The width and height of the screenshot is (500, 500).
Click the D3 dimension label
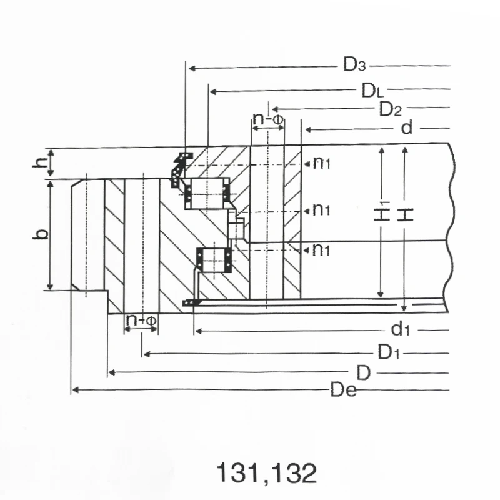point(354,65)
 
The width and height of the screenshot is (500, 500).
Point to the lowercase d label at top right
point(407,129)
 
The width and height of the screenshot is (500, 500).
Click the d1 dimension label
point(400,329)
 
